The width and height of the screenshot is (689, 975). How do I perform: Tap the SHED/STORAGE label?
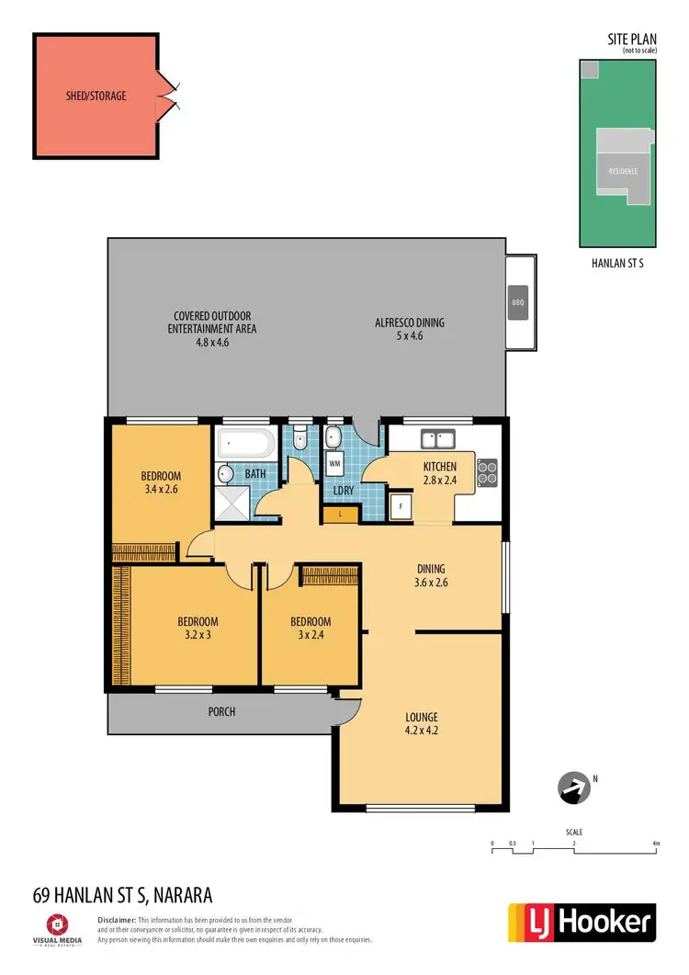coord(96,95)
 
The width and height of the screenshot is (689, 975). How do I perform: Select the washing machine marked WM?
coord(334,464)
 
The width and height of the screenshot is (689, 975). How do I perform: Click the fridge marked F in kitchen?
coord(401,506)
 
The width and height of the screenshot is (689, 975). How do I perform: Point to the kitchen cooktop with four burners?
coord(488,470)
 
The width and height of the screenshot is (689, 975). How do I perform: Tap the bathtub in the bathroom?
coord(244,445)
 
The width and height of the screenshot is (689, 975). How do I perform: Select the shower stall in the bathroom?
coord(231,504)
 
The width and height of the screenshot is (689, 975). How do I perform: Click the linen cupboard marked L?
coord(341,515)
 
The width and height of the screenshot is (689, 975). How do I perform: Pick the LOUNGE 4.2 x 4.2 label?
coord(421,723)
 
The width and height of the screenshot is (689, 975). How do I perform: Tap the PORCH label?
coord(220,711)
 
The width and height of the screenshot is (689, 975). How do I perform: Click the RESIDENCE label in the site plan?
coord(622,171)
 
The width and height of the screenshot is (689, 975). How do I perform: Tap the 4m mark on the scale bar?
coord(655,843)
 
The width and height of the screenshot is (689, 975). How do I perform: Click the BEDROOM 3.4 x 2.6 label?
coord(161,482)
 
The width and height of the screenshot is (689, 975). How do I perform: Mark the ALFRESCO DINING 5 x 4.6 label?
coord(410,329)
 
